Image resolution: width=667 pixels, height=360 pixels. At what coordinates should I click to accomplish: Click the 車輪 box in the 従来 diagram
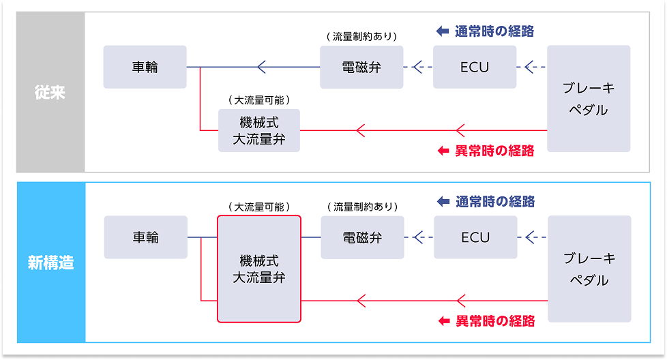coord(145,67)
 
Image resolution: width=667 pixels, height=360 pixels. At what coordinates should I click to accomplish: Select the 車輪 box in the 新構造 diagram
coord(145,237)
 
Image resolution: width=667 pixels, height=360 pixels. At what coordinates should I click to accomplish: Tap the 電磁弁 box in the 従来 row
coord(361,67)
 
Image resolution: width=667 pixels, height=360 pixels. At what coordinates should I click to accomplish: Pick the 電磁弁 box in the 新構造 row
coord(362,237)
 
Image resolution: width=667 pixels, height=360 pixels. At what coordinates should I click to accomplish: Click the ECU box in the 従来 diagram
coord(475,67)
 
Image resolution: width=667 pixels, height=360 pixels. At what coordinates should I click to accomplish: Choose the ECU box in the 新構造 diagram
coord(475,237)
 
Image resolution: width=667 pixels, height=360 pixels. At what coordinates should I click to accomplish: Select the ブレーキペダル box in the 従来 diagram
coord(589,99)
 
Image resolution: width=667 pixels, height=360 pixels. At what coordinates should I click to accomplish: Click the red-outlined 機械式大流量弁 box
coord(258,269)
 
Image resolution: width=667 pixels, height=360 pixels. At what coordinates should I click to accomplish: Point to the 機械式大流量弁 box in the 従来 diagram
coord(258,130)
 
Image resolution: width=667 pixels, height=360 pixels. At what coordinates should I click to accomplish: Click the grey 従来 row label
coord(50,92)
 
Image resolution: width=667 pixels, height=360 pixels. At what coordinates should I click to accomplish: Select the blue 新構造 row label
coord(50,262)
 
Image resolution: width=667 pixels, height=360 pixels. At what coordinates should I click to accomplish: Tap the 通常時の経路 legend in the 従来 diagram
coord(485,31)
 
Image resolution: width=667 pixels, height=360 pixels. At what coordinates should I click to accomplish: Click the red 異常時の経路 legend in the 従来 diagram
coord(485,151)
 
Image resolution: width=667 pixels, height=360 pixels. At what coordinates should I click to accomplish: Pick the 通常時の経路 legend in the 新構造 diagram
coord(486,202)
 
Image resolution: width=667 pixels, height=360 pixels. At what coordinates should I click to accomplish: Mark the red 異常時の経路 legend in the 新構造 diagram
coord(486,320)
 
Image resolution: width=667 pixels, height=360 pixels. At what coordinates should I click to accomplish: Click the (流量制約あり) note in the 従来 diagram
coord(361,36)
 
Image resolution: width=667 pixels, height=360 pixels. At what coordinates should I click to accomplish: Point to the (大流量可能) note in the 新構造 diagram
coord(258,206)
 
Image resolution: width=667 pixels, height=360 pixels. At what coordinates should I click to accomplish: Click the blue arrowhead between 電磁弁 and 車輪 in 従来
coord(261,67)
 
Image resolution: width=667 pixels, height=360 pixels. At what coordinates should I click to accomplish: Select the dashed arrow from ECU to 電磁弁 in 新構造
coord(418,237)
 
